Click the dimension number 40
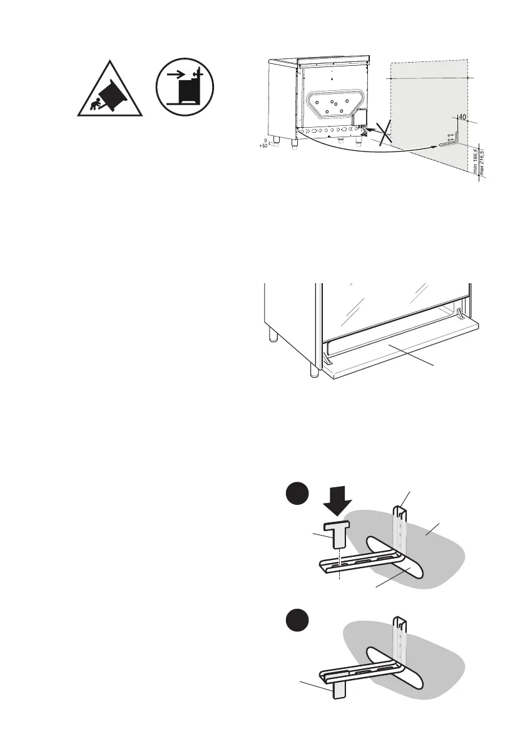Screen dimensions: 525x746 [x=462, y=117]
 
